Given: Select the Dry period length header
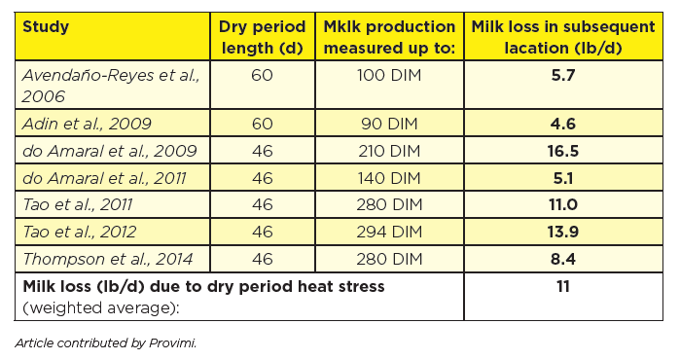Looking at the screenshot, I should pyautogui.click(x=263, y=36).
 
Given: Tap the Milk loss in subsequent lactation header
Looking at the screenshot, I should pyautogui.click(x=563, y=36).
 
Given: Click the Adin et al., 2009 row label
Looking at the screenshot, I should pyautogui.click(x=83, y=123).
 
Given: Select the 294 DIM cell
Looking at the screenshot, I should pyautogui.click(x=388, y=232).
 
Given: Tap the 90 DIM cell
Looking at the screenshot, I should pyautogui.click(x=388, y=123).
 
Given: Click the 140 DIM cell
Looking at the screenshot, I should pyautogui.click(x=388, y=177).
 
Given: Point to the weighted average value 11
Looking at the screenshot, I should pyautogui.click(x=563, y=286).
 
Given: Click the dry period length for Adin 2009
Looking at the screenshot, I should pyautogui.click(x=262, y=123).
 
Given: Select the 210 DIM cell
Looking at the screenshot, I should pyautogui.click(x=388, y=150).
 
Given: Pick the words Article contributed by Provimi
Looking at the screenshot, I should pyautogui.click(x=106, y=342).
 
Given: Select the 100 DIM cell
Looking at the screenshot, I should pyautogui.click(x=388, y=75).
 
